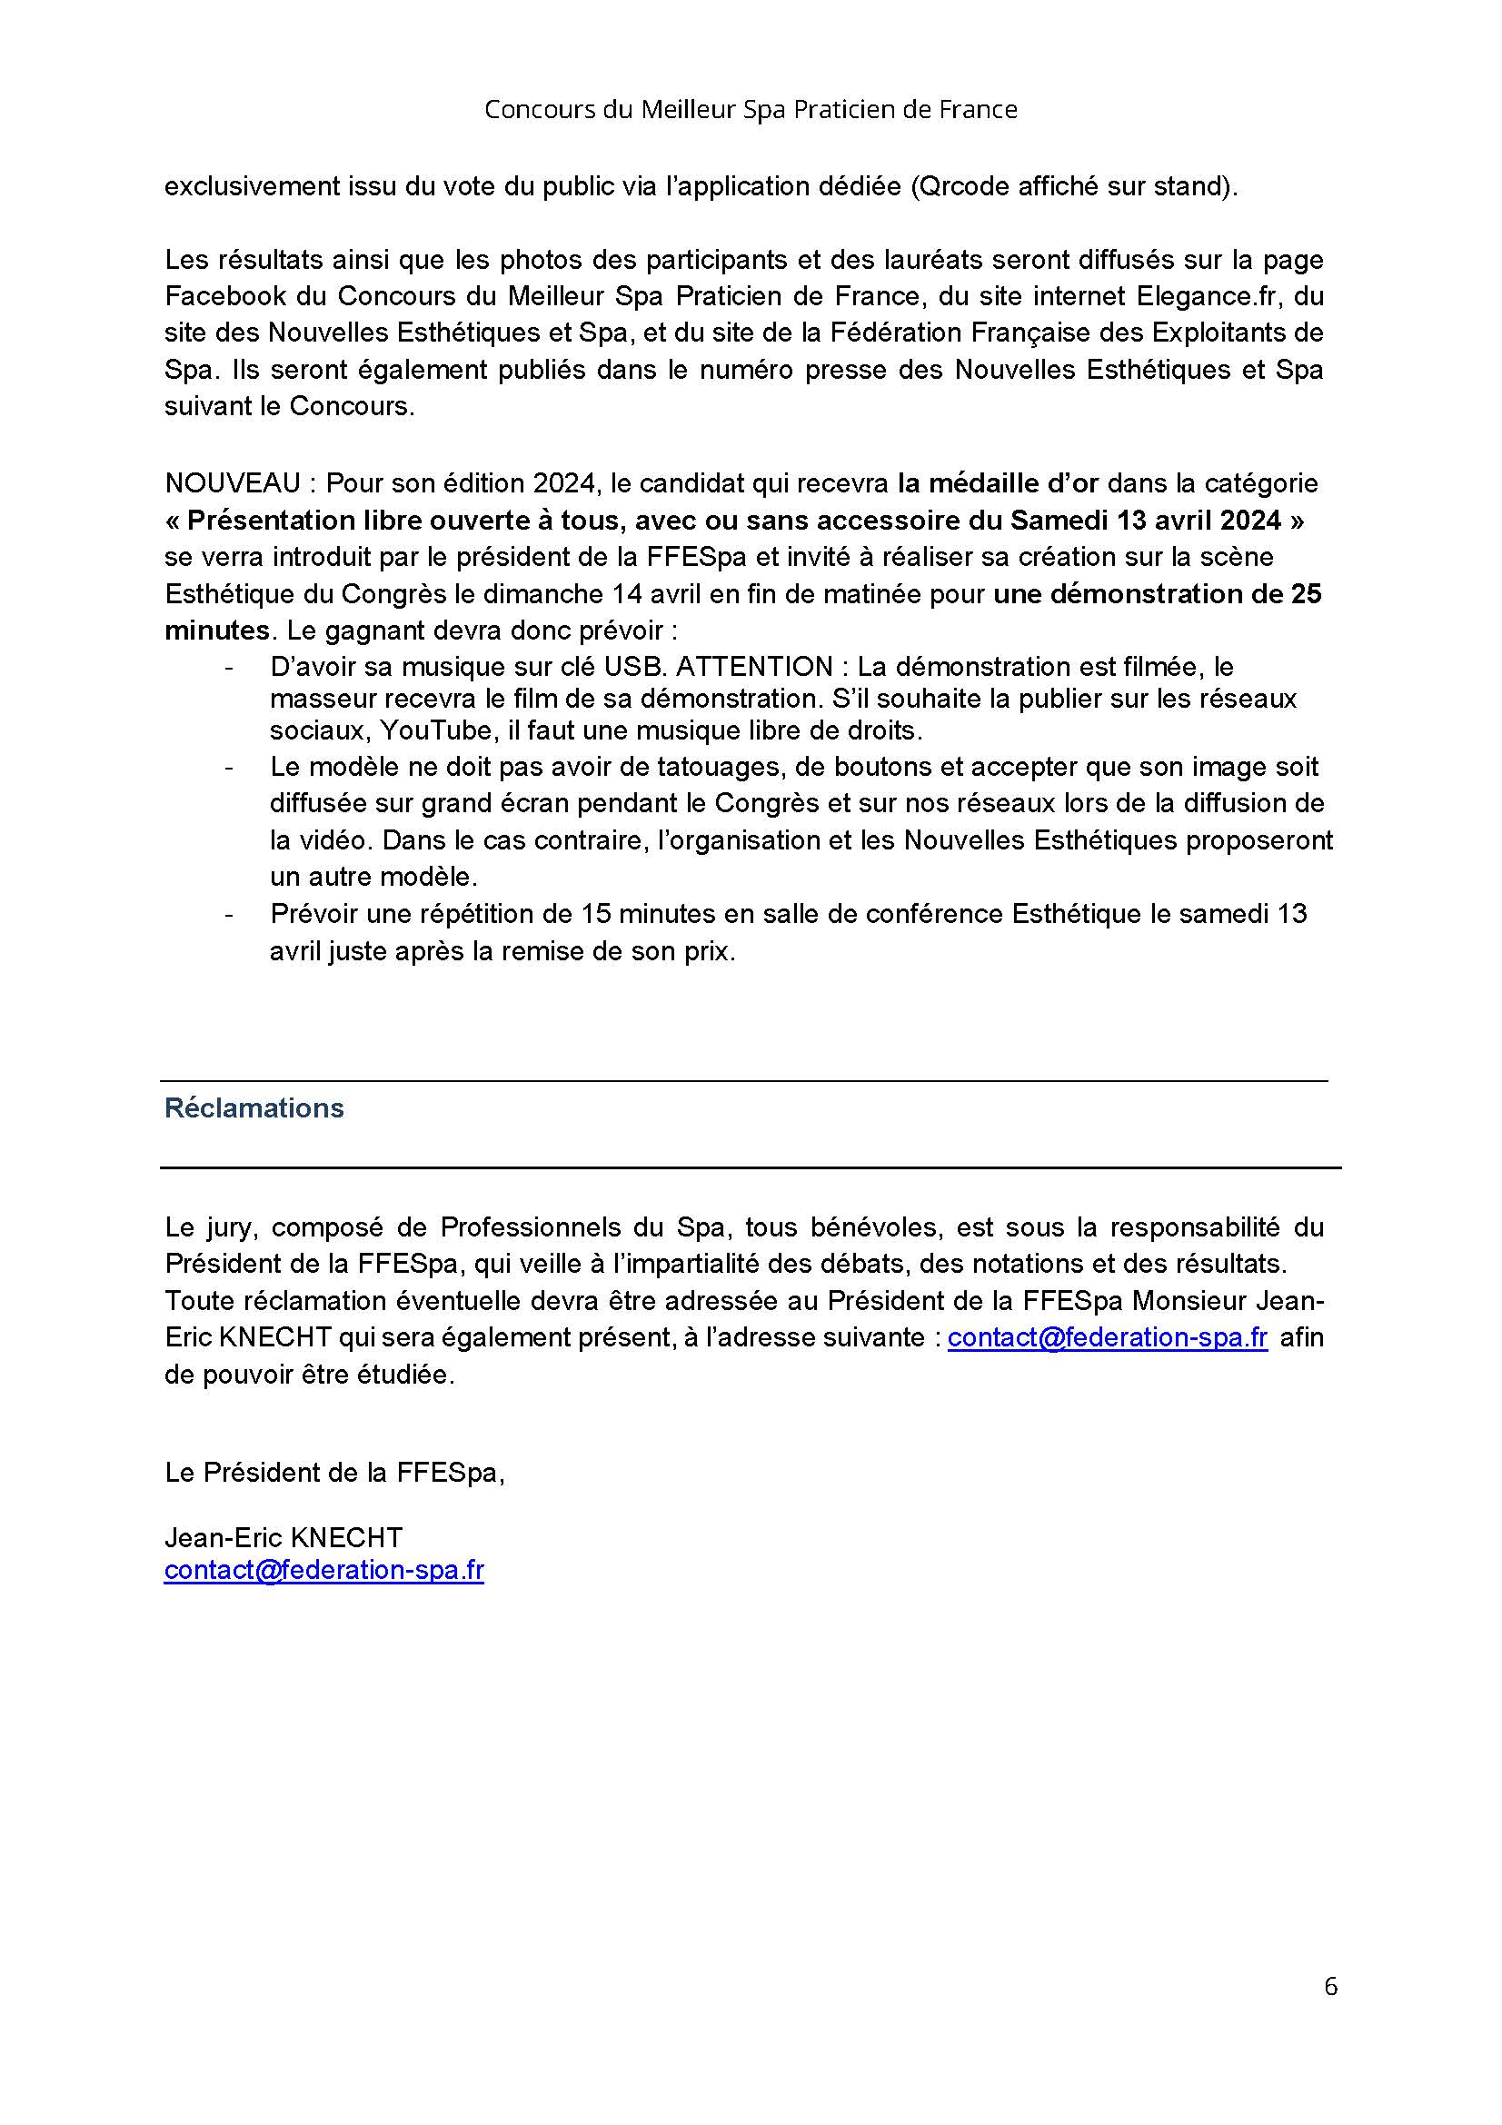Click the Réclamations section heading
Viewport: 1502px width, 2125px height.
pos(254,1107)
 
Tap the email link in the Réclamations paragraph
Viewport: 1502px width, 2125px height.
pos(1107,1337)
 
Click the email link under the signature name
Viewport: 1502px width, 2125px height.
pos(323,1571)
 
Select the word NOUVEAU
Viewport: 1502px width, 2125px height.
pos(233,483)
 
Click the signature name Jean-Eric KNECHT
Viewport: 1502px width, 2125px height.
pos(283,1537)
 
